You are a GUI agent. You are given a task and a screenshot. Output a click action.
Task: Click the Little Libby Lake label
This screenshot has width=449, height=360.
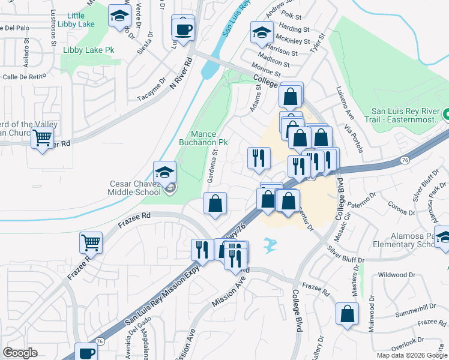(82, 20)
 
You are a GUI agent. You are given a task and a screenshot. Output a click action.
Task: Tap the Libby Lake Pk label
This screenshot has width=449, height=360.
(88, 49)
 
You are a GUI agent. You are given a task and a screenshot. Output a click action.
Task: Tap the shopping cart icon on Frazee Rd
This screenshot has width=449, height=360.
(91, 243)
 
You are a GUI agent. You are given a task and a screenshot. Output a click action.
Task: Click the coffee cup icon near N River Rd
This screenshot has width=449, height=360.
(183, 29)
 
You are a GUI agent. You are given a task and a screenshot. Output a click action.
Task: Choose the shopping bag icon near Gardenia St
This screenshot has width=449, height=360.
(215, 203)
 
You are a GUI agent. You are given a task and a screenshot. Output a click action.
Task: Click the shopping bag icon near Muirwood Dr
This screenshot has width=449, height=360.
(348, 314)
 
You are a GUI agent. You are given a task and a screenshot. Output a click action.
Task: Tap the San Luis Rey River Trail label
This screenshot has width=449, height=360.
(406, 115)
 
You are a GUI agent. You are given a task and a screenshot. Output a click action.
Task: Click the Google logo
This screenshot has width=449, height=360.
(20, 352)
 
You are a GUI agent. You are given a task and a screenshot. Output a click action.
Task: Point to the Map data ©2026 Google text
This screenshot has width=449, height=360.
(411, 355)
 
